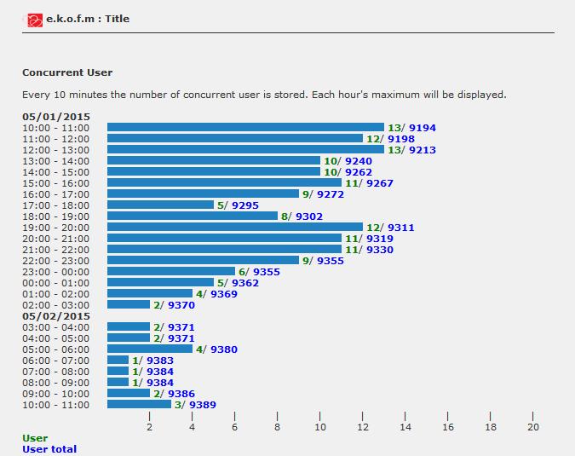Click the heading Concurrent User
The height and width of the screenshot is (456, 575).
click(67, 73)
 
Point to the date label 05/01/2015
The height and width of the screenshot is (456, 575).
click(56, 117)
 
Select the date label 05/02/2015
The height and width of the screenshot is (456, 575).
click(56, 316)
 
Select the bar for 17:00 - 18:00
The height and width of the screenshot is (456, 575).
click(160, 205)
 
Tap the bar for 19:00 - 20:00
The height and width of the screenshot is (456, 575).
click(235, 228)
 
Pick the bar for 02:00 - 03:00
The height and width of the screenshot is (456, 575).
click(129, 305)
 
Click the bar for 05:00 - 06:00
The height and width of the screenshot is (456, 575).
click(150, 349)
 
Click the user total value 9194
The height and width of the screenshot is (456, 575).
click(423, 128)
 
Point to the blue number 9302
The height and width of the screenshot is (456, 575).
click(309, 216)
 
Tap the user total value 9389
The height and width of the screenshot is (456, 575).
click(203, 405)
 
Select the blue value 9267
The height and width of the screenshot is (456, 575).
click(380, 183)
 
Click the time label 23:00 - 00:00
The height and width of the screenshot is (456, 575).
click(55, 272)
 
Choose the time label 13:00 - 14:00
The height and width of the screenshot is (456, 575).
click(55, 161)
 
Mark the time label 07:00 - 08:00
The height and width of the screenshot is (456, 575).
click(55, 372)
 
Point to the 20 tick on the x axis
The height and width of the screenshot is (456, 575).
click(533, 427)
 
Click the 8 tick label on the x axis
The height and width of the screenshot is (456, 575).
click(278, 427)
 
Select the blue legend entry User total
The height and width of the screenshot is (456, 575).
click(49, 449)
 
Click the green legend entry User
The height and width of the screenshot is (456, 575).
click(35, 438)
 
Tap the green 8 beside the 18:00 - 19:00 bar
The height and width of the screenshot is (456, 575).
click(285, 216)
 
